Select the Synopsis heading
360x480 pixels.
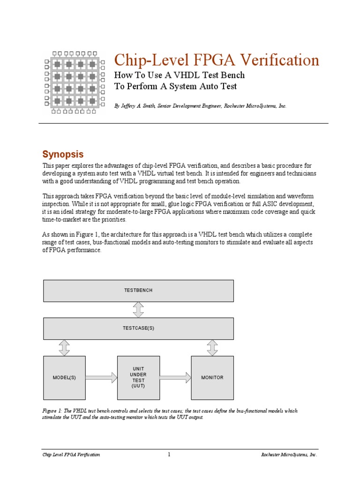click(63, 154)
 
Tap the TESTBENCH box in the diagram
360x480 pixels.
click(138, 291)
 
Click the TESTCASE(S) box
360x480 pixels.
click(138, 328)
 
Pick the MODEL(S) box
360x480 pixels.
click(64, 377)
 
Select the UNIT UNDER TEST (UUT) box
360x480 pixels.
click(138, 377)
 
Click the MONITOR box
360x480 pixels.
click(212, 377)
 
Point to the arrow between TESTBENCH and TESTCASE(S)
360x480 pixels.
click(138, 309)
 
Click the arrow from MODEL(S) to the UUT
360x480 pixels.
click(101, 377)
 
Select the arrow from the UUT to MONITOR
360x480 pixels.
click(175, 377)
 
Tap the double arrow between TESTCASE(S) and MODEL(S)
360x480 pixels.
click(64, 347)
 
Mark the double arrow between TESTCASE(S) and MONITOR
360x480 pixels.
click(212, 347)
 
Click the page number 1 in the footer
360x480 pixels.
click(169, 455)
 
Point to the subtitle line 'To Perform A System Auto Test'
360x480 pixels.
click(176, 86)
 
